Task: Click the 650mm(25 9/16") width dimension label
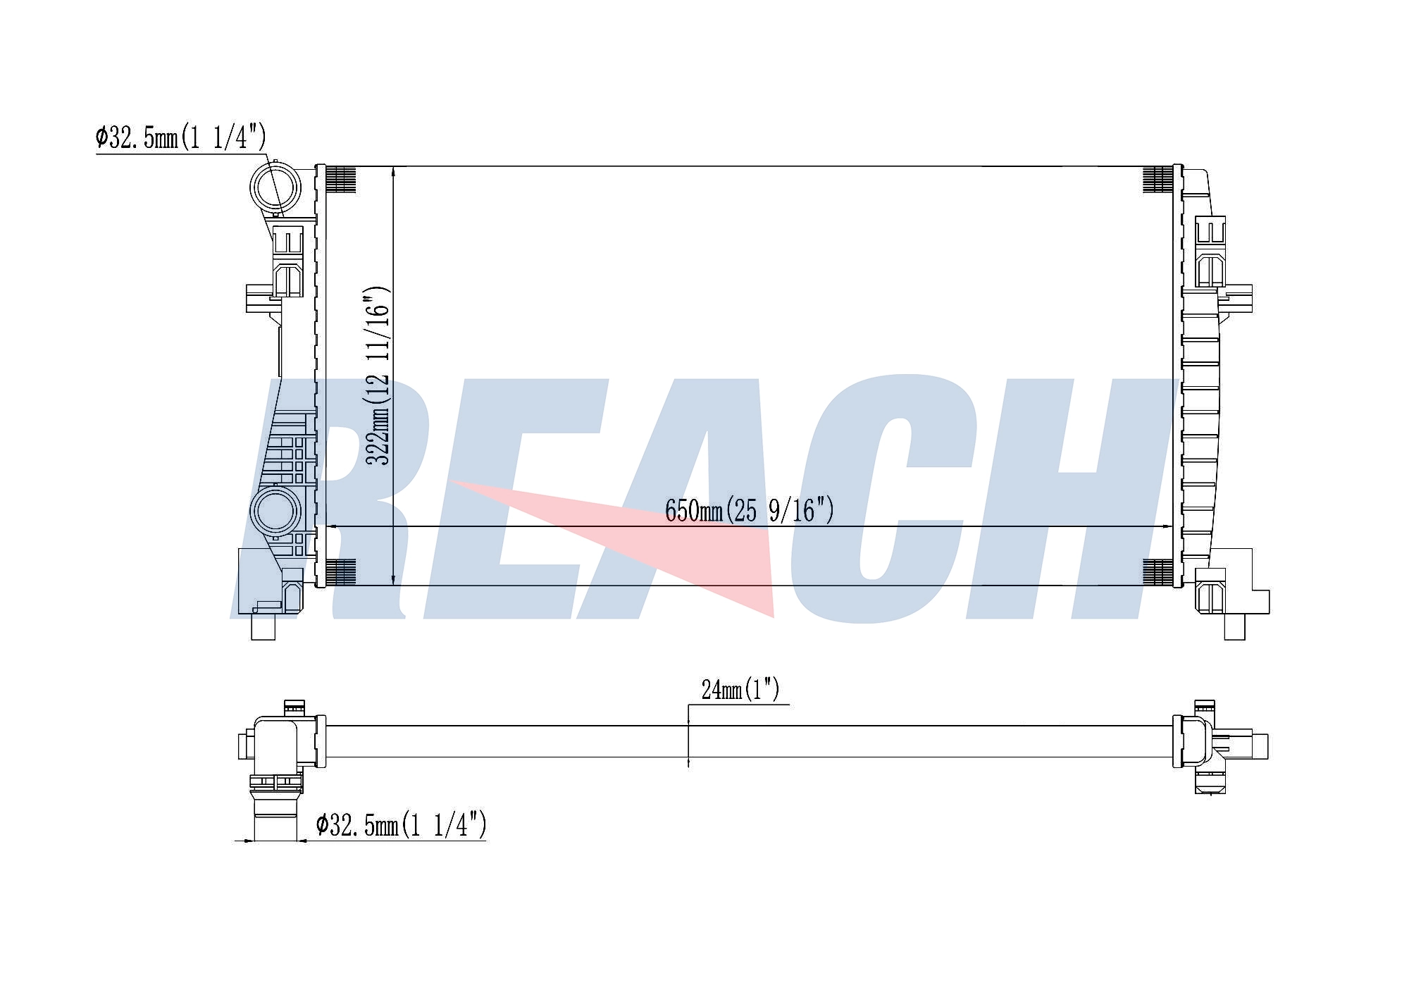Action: (x=750, y=509)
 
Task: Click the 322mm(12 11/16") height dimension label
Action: (x=378, y=376)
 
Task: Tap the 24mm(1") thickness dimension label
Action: (x=740, y=689)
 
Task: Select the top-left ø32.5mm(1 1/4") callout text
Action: (x=181, y=137)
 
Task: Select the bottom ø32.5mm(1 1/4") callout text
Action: (x=401, y=824)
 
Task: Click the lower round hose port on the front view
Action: (x=275, y=512)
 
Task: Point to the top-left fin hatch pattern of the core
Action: (x=340, y=179)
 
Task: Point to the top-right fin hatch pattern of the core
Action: (x=1157, y=179)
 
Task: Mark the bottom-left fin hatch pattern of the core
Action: (x=340, y=572)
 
